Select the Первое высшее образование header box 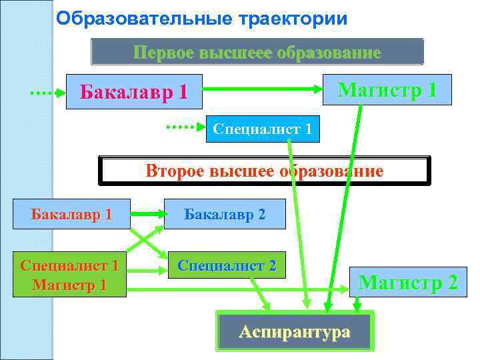(257, 52)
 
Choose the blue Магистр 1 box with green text (387, 89)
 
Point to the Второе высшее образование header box (265, 171)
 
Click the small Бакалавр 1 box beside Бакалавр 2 (71, 214)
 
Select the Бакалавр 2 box (225, 214)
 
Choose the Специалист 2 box (226, 265)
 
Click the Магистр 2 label (408, 283)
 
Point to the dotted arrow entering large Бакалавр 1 (47, 93)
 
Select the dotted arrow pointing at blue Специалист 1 (185, 125)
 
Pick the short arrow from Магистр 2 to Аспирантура (357, 304)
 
